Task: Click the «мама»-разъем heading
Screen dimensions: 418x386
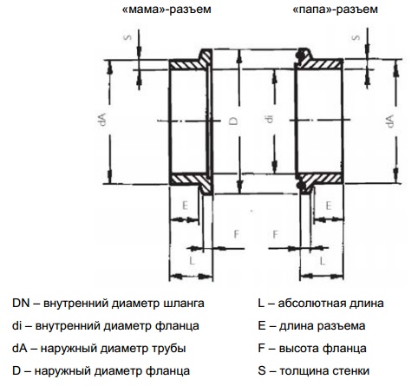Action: [x=167, y=10]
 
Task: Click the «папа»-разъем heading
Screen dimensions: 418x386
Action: [x=335, y=10]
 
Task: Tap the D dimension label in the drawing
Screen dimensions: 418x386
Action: [x=233, y=121]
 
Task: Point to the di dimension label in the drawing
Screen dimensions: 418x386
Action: [x=270, y=119]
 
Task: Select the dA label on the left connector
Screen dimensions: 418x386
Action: [x=102, y=119]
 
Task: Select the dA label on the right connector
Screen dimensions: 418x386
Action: [x=389, y=121]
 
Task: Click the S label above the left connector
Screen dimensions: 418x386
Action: [x=127, y=37]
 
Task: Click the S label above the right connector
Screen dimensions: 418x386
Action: [x=356, y=37]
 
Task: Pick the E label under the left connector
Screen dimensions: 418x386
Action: [x=185, y=206]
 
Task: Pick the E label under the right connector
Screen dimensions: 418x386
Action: [x=329, y=206]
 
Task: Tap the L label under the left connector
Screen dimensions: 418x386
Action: [x=193, y=261]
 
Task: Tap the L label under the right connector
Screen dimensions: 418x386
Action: [x=323, y=261]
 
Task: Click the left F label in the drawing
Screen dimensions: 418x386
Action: [x=237, y=234]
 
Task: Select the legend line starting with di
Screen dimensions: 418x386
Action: [x=106, y=326]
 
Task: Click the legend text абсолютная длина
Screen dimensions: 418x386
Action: [x=330, y=304]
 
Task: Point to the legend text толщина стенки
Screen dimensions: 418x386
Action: [x=324, y=370]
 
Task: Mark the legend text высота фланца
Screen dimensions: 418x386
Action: [x=323, y=349]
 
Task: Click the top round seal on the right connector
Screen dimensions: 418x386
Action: [x=300, y=56]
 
